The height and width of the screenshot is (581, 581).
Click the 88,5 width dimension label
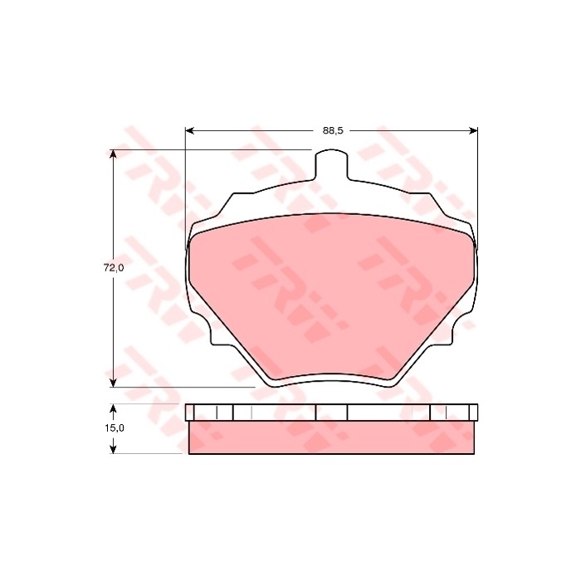[x=333, y=130]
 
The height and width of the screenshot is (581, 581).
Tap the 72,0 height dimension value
[x=114, y=268]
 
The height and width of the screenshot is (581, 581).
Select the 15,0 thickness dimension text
[x=114, y=428]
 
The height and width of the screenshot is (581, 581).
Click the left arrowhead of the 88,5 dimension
[x=190, y=130]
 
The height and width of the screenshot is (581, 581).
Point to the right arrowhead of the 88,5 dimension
[x=473, y=130]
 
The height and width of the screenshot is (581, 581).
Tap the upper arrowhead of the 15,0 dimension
[x=114, y=408]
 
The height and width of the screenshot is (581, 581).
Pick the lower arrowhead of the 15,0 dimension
[x=114, y=449]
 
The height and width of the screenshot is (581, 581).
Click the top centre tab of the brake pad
[x=332, y=165]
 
